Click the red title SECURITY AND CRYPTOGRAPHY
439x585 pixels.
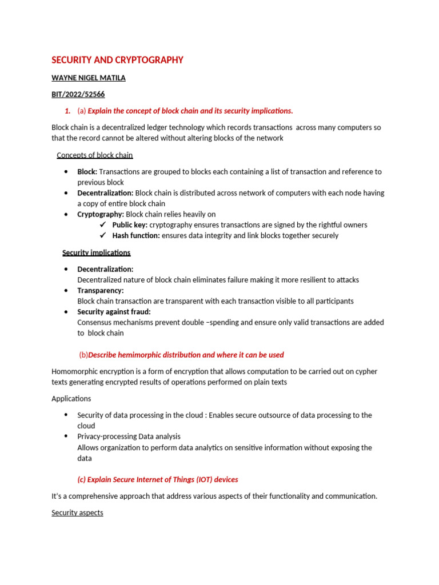point(117,60)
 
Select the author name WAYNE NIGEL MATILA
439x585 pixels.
point(88,78)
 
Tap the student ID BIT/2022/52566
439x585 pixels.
point(78,94)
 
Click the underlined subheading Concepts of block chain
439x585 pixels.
point(95,155)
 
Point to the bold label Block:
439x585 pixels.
point(87,172)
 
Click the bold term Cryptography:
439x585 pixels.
point(101,214)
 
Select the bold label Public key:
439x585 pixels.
point(130,225)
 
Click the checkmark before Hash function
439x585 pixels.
point(103,235)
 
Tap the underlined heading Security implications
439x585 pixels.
point(96,253)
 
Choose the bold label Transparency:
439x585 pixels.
point(100,290)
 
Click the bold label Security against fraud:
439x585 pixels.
point(114,312)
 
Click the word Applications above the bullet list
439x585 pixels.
point(71,399)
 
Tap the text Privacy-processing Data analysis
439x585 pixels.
point(129,436)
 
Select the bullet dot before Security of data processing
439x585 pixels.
point(66,415)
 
